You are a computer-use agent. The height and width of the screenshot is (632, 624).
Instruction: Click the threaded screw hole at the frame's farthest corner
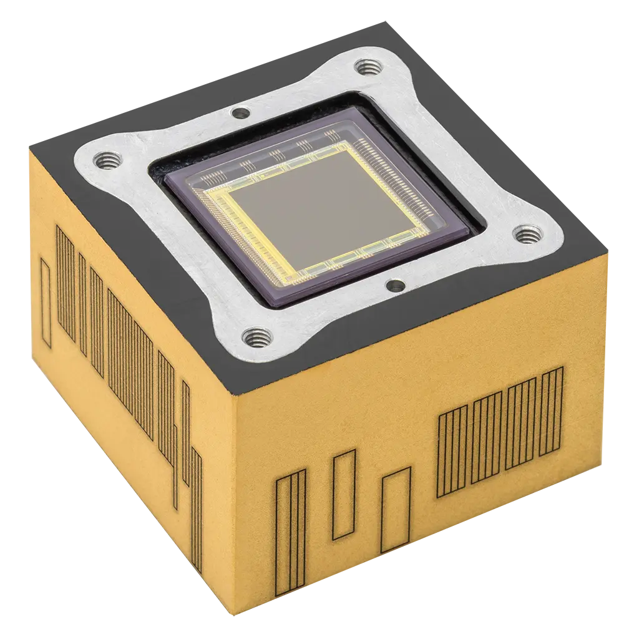364,66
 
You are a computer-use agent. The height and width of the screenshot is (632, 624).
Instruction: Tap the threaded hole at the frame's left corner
104,162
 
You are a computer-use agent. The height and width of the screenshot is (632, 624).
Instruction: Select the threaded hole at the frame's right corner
524,235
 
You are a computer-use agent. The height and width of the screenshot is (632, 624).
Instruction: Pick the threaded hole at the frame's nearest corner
256,338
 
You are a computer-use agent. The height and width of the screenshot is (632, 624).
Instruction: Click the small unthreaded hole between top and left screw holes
239,113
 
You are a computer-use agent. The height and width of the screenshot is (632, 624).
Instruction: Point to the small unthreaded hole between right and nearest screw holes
396,286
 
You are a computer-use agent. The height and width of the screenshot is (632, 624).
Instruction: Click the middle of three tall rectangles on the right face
344,494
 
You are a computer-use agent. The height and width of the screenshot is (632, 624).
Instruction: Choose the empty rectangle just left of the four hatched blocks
396,509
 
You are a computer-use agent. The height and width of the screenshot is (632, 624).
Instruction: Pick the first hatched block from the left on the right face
452,450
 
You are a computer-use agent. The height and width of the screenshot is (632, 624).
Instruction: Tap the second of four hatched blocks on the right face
487,439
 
